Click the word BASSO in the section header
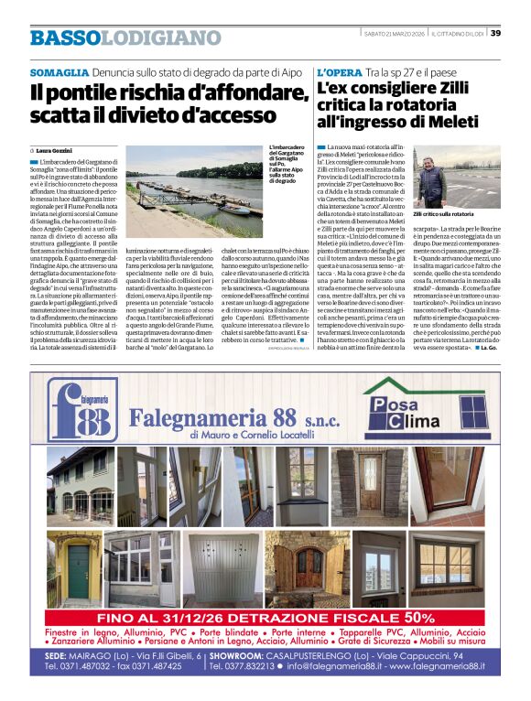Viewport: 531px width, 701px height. point(63,38)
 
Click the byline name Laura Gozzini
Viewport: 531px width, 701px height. point(58,149)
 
